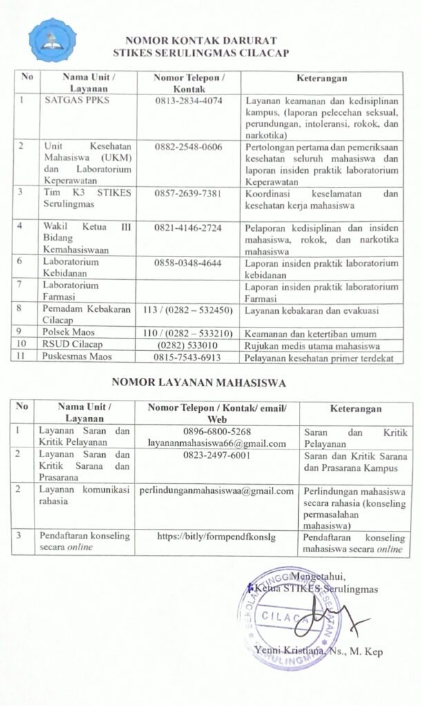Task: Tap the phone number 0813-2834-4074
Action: (x=189, y=101)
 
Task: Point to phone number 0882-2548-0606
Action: (x=189, y=147)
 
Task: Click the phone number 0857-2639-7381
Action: (x=189, y=192)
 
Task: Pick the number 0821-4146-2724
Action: (x=189, y=227)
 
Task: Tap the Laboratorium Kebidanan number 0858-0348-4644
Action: (x=189, y=262)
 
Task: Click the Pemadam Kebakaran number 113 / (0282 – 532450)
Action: (x=187, y=310)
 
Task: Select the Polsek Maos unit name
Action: (x=66, y=332)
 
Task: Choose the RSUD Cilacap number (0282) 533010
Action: (x=188, y=345)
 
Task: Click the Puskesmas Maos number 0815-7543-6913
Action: (x=189, y=356)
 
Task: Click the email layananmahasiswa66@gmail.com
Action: (x=217, y=443)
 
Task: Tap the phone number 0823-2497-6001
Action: (x=217, y=456)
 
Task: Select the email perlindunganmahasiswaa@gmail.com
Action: (x=217, y=492)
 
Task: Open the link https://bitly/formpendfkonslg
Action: (x=217, y=535)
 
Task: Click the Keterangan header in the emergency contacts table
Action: (x=322, y=78)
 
